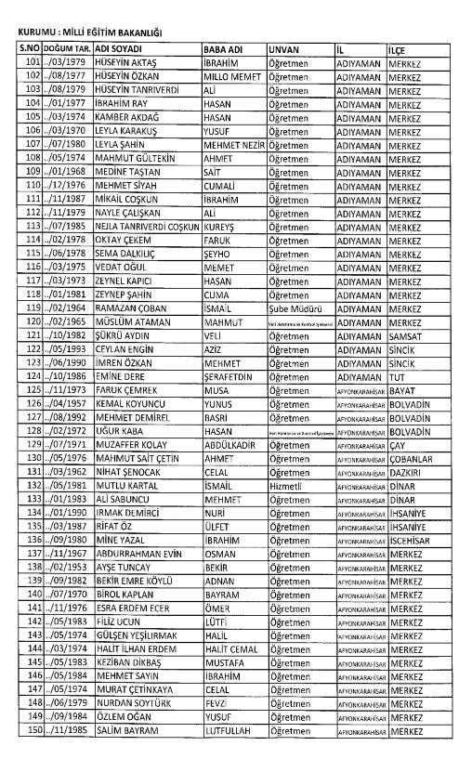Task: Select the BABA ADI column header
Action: pyautogui.click(x=224, y=47)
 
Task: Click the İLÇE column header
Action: pyautogui.click(x=402, y=47)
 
